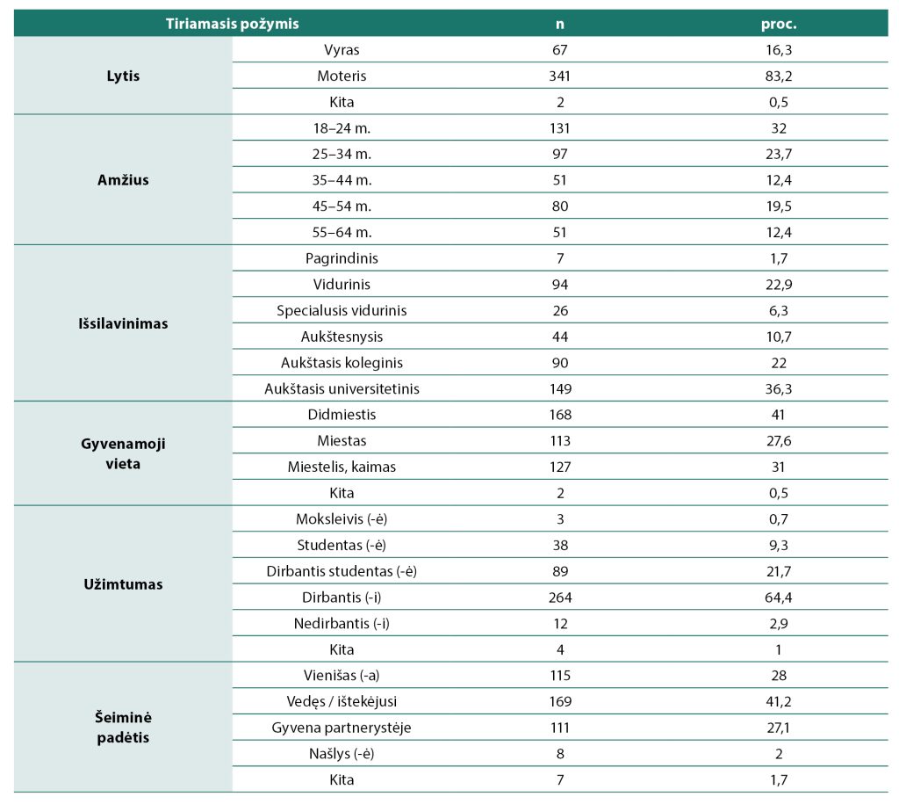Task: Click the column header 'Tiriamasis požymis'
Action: click(x=232, y=24)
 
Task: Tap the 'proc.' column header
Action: click(x=779, y=24)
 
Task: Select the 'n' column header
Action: click(x=559, y=24)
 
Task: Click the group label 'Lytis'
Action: click(x=123, y=76)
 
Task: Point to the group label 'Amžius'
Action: click(x=123, y=179)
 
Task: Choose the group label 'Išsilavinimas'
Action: click(x=123, y=323)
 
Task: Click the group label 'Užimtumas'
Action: click(x=123, y=584)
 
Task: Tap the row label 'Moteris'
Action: click(x=342, y=76)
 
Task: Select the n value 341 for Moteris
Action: click(x=559, y=76)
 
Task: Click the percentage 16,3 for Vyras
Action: click(x=779, y=50)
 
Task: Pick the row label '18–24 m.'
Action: click(x=342, y=128)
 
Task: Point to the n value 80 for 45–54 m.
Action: click(x=559, y=206)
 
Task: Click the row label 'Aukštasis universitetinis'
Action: click(x=342, y=388)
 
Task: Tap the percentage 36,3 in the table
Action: click(x=779, y=388)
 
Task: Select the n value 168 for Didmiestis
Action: click(x=559, y=415)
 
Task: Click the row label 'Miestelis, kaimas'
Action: click(x=342, y=467)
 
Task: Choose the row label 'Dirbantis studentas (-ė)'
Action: click(x=342, y=571)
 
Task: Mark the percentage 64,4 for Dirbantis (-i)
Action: click(x=779, y=598)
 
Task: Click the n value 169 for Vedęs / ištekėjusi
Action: click(x=559, y=701)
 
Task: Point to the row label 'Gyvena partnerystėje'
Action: click(x=342, y=728)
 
